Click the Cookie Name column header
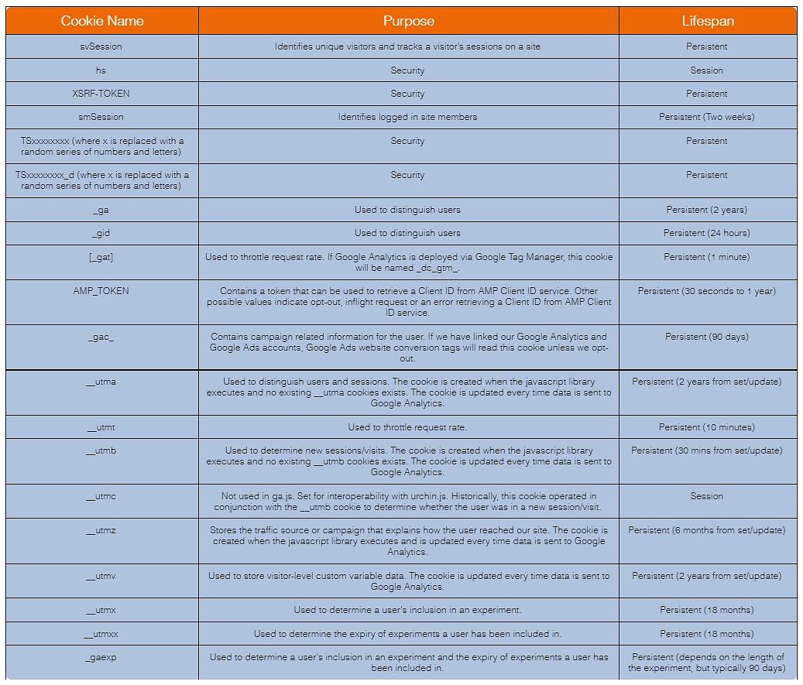click(101, 21)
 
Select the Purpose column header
click(408, 21)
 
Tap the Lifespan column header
click(706, 21)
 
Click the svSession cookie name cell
click(101, 46)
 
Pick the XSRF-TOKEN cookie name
click(101, 94)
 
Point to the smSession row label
click(101, 117)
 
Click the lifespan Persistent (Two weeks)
click(706, 117)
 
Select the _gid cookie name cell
click(101, 233)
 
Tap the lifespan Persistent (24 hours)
click(706, 233)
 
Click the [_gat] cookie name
click(101, 257)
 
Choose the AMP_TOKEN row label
click(101, 291)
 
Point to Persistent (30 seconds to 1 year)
click(706, 291)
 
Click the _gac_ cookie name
click(101, 337)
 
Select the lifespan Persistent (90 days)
click(706, 337)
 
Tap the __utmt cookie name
click(101, 427)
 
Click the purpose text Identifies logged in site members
click(407, 117)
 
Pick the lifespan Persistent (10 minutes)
click(706, 427)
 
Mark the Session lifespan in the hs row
click(706, 70)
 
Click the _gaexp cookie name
click(101, 657)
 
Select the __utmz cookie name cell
click(101, 530)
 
